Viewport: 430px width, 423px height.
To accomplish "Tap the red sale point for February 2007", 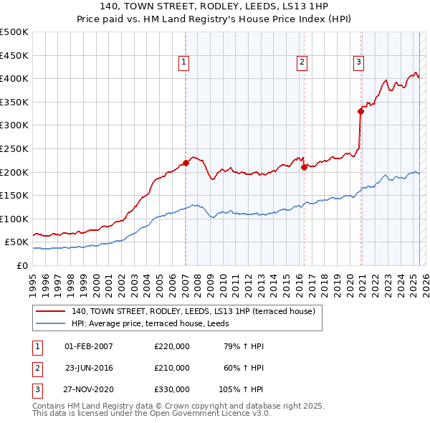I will pyautogui.click(x=186, y=163).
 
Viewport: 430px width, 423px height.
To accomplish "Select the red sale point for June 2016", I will pyautogui.click(x=304, y=167).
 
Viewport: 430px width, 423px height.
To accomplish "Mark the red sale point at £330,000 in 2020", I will pyautogui.click(x=361, y=111).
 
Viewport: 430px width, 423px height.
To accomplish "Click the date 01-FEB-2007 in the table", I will pyautogui.click(x=89, y=346).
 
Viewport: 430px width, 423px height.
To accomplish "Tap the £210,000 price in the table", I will pyautogui.click(x=172, y=368).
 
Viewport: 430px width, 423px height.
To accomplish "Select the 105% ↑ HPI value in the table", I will pyautogui.click(x=242, y=389).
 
